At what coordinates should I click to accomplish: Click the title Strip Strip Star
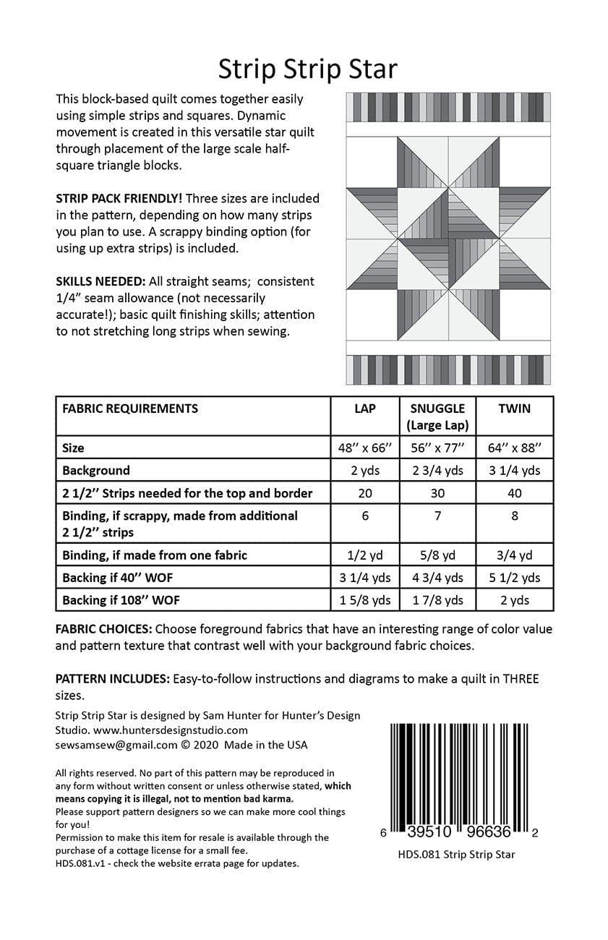click(307, 69)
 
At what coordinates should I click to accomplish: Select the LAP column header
click(365, 409)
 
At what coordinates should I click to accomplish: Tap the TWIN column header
click(514, 409)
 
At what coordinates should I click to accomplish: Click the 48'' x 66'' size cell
click(365, 448)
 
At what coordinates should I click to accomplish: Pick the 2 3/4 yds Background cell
click(437, 471)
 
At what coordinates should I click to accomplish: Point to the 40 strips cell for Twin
click(514, 493)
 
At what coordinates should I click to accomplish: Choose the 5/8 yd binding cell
click(437, 555)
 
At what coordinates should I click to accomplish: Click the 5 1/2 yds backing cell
click(514, 578)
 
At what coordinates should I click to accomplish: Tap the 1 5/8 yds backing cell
click(365, 600)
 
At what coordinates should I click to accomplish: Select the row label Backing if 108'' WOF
click(121, 600)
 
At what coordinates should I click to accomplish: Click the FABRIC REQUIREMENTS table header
click(130, 409)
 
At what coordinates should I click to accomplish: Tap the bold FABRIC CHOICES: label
click(103, 629)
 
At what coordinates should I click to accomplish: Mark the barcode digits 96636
click(489, 832)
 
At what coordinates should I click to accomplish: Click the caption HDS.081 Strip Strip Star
click(456, 855)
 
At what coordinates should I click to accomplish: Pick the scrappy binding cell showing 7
click(437, 516)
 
